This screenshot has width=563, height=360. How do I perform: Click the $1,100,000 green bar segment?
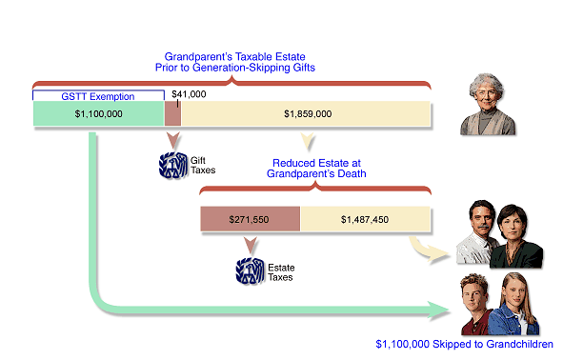tap(98, 114)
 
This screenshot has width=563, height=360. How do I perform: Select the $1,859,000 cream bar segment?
tap(307, 114)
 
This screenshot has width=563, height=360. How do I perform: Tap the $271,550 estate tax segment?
tap(249, 218)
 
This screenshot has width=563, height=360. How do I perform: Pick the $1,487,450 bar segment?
tap(365, 218)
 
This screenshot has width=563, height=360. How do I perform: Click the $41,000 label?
tap(188, 94)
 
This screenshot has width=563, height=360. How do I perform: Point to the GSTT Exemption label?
tap(97, 96)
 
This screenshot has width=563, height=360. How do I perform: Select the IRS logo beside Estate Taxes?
tap(250, 270)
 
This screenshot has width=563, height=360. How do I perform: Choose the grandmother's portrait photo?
tap(488, 105)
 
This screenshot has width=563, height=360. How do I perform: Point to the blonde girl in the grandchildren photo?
tap(518, 305)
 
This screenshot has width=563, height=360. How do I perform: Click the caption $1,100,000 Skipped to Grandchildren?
tap(463, 344)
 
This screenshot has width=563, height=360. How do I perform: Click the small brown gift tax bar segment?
tap(172, 114)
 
